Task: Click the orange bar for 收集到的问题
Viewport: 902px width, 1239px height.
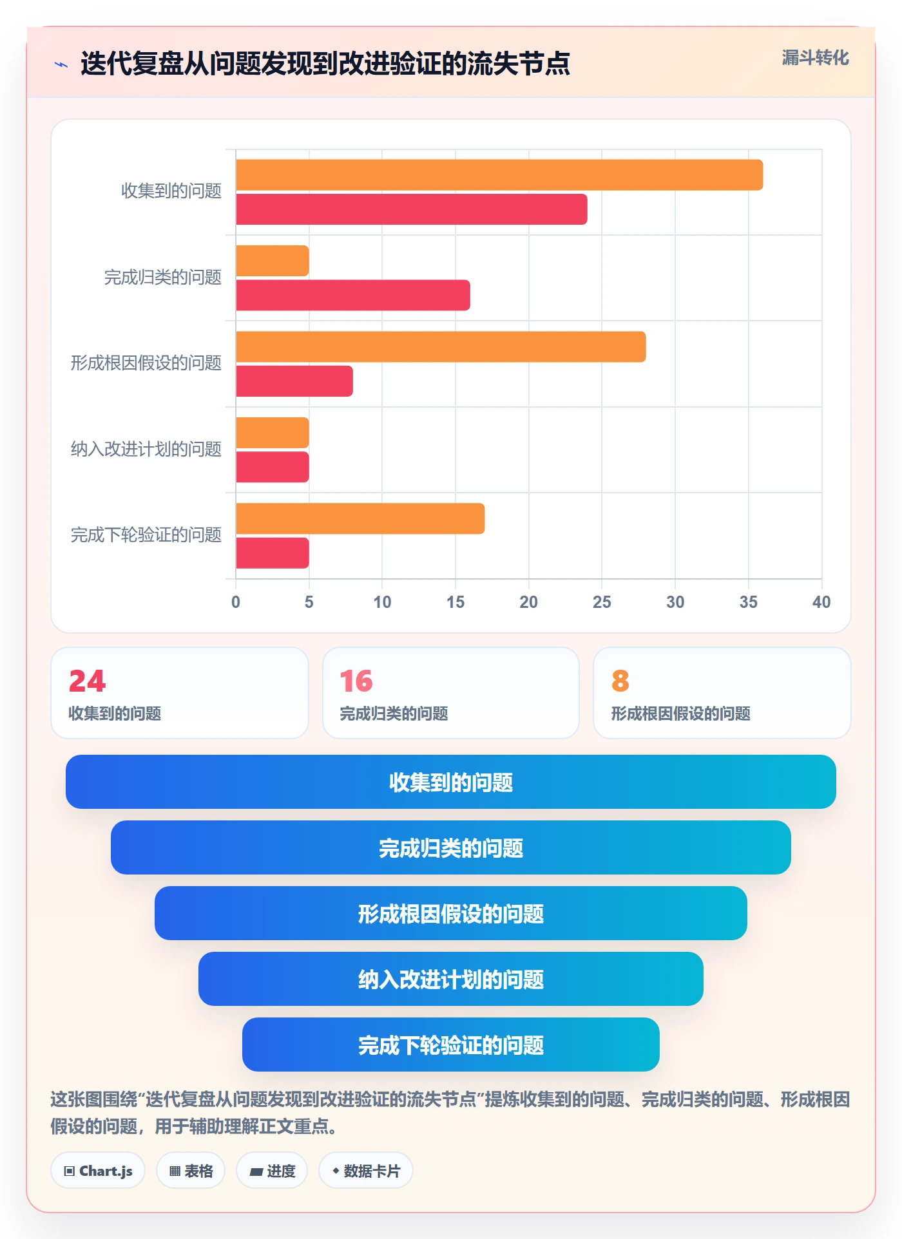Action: (x=499, y=175)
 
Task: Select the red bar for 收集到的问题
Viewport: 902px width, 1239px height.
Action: (x=412, y=209)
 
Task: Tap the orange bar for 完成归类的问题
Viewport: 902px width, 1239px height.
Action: (x=273, y=261)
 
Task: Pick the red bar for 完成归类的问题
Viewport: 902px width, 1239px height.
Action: (x=353, y=295)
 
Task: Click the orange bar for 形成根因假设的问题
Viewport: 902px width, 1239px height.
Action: (x=441, y=347)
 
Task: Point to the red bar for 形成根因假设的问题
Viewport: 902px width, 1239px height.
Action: (x=294, y=381)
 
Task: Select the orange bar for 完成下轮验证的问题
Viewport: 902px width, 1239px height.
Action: (x=360, y=518)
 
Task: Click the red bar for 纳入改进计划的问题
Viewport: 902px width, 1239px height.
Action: (x=273, y=467)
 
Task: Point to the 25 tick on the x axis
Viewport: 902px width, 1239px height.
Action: (x=602, y=602)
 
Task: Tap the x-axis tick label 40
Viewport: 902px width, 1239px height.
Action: (x=821, y=602)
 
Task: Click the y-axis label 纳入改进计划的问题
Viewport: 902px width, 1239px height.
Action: (x=146, y=449)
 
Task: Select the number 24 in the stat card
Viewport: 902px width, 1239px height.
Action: (x=88, y=681)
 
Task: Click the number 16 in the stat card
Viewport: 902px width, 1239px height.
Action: (x=356, y=681)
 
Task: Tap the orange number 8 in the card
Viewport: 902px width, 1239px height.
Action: (x=620, y=681)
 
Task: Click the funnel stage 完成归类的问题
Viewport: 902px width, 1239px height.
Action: (x=451, y=847)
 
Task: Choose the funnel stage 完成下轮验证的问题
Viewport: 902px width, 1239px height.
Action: (x=451, y=1045)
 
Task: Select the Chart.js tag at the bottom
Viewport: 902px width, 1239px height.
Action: (x=98, y=1171)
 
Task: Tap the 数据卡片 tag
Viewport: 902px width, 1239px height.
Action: (x=366, y=1171)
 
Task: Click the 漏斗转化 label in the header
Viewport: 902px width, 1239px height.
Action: (x=815, y=58)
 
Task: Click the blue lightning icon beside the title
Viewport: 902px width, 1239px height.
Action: (x=61, y=64)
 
